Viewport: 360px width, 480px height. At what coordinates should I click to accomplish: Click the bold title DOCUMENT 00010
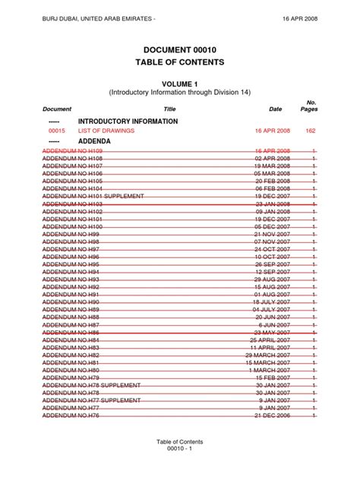click(x=180, y=49)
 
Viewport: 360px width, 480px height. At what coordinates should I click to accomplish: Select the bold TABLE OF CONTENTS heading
click(x=180, y=62)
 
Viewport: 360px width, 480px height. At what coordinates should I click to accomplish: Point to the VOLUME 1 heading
click(x=180, y=82)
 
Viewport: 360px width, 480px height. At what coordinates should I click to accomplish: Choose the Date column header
click(x=275, y=109)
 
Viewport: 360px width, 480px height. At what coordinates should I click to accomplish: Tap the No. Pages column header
click(x=310, y=106)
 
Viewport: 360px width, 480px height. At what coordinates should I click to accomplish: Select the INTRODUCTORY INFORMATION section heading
click(x=128, y=122)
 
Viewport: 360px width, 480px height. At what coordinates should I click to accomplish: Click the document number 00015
click(x=57, y=131)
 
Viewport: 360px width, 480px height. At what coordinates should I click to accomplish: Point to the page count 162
click(x=309, y=131)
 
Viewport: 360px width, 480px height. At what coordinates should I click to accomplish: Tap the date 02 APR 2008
click(x=273, y=159)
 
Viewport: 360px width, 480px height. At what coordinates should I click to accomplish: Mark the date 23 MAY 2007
click(x=273, y=333)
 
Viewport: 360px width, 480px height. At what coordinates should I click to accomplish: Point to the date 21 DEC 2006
click(x=273, y=415)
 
